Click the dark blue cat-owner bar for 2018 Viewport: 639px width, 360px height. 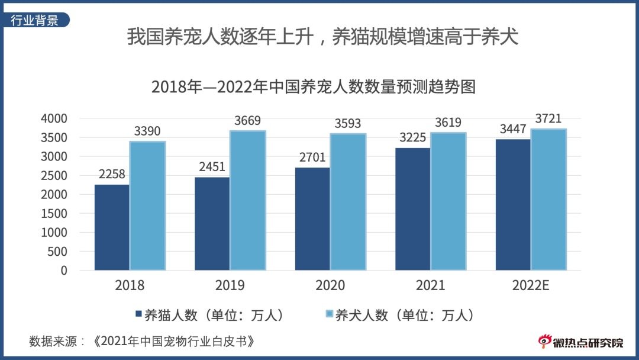click(112, 227)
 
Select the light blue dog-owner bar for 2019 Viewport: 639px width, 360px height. click(247, 201)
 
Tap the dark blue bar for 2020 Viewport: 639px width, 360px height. click(312, 219)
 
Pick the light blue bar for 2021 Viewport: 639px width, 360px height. click(448, 201)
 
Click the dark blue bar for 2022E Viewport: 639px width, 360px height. click(513, 205)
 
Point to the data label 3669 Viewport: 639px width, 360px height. click(247, 121)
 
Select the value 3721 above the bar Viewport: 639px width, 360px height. click(548, 118)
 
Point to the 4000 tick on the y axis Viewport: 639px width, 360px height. click(54, 119)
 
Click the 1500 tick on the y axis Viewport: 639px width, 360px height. click(54, 214)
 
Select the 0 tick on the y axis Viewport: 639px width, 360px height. click(64, 271)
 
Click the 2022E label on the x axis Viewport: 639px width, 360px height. click(531, 286)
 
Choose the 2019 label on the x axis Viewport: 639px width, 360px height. click(230, 286)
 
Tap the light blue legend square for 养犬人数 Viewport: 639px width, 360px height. click(330, 315)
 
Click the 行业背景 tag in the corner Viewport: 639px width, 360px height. click(35, 21)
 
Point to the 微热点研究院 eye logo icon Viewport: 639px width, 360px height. click(544, 341)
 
